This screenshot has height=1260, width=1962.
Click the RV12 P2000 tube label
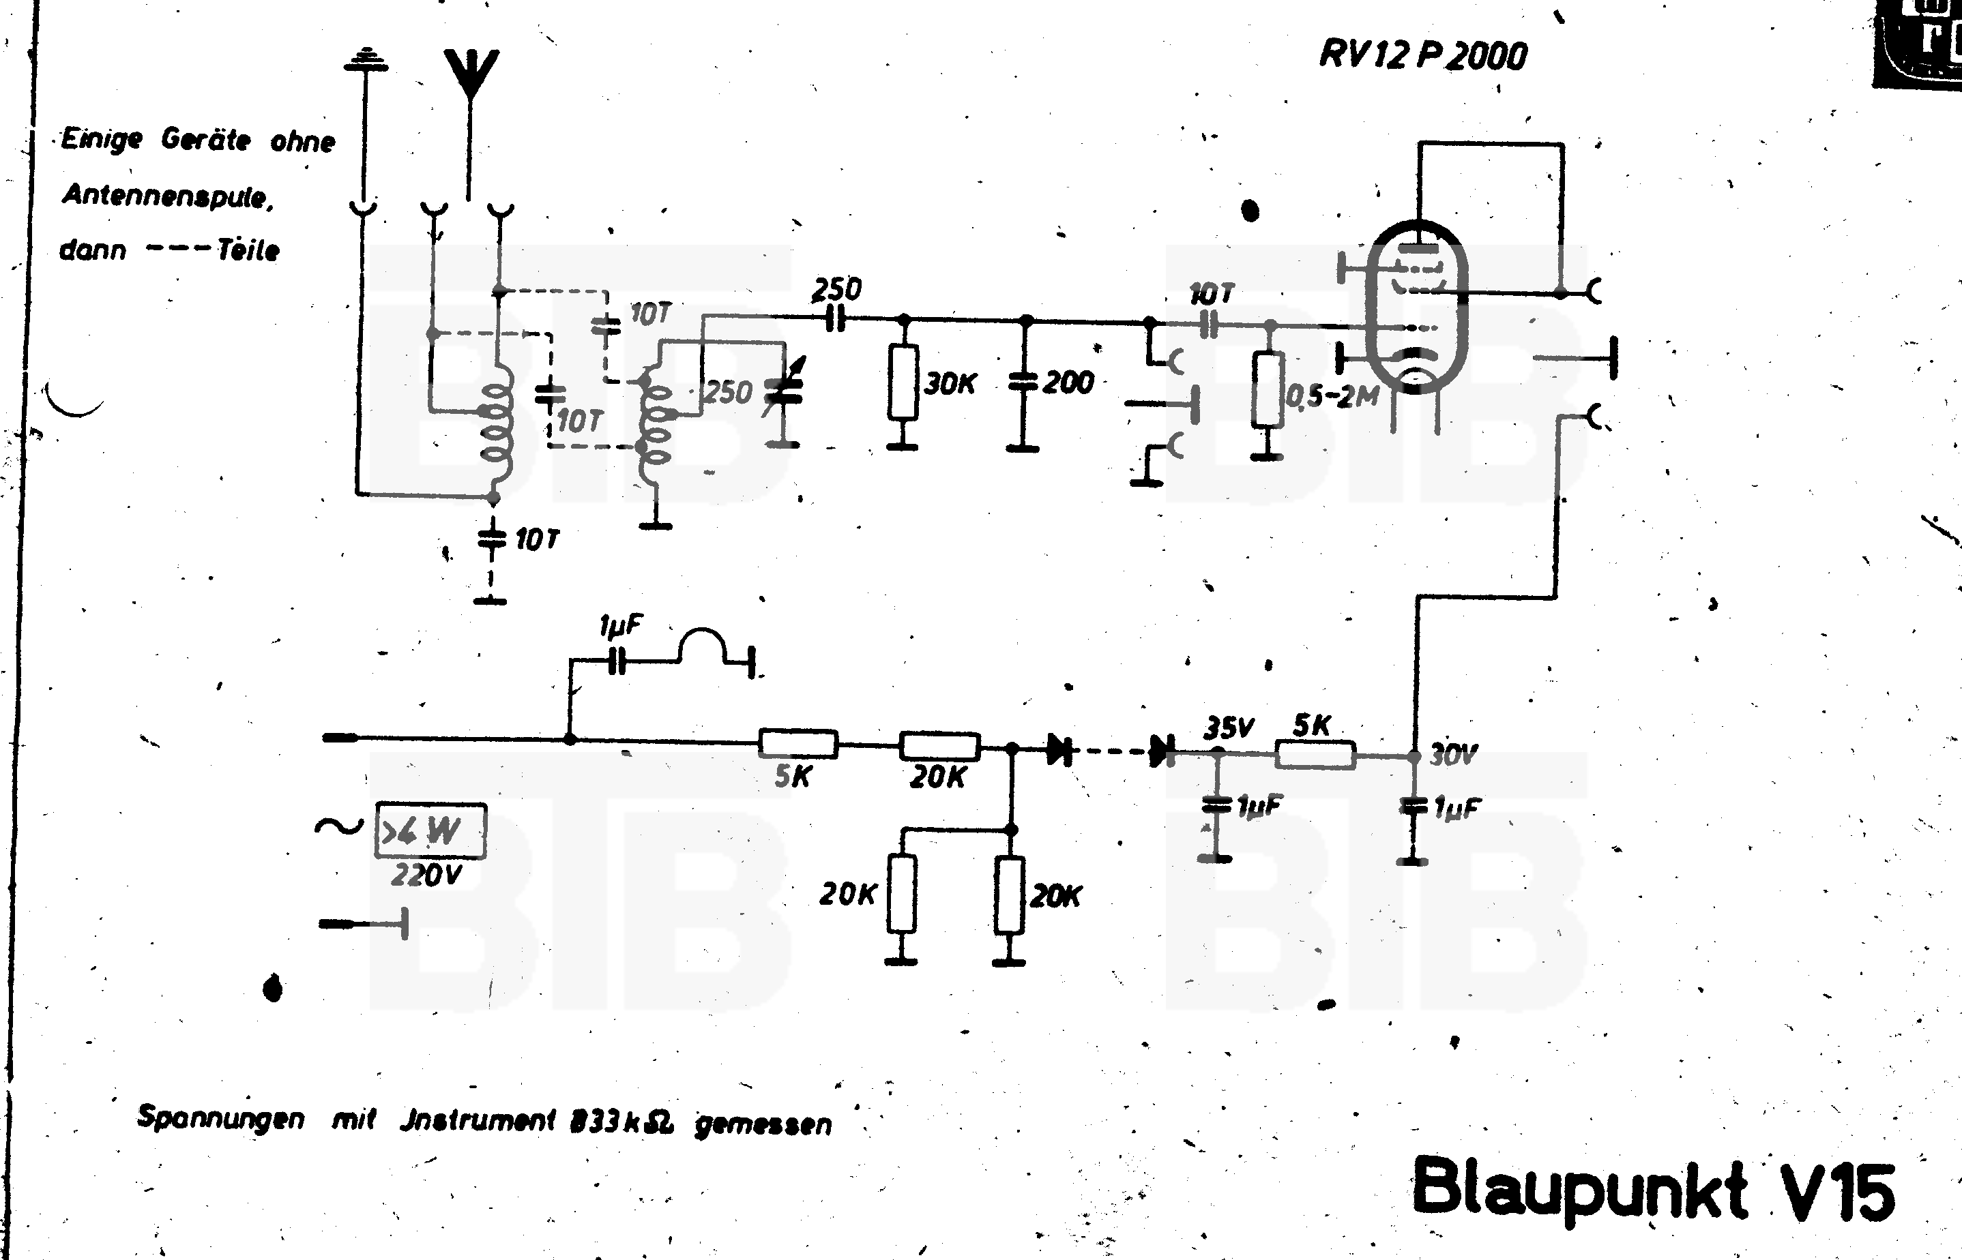point(1422,56)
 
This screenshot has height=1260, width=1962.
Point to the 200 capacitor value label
point(1068,382)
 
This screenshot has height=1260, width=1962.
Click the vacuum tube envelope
point(1417,307)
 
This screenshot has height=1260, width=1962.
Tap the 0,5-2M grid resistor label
point(1332,397)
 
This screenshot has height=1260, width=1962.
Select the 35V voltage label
point(1228,727)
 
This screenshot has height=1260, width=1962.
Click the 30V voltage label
point(1454,754)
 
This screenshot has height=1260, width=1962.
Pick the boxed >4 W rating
point(430,831)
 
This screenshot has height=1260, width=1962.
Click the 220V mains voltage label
point(426,875)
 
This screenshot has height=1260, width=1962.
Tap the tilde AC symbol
point(338,827)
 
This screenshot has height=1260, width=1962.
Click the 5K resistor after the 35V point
point(1315,754)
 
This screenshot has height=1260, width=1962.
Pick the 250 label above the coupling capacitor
point(836,289)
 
